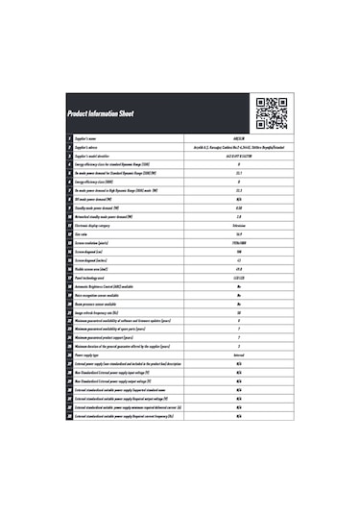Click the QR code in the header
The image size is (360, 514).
click(272, 111)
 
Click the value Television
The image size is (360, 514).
click(238, 224)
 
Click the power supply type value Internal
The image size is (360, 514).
click(238, 355)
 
